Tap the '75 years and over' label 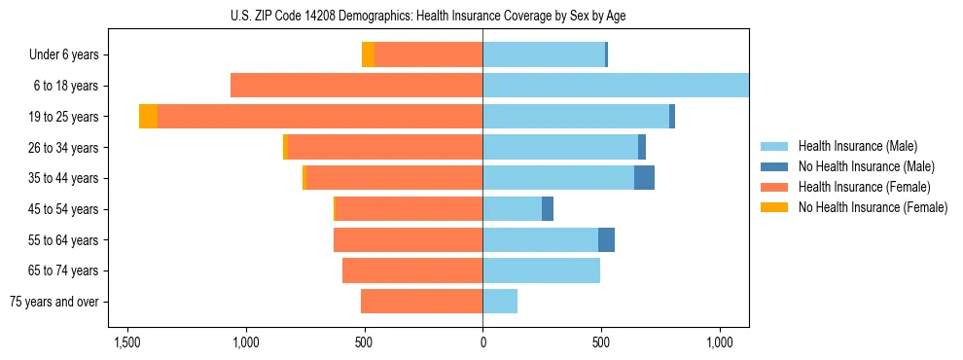(53, 302)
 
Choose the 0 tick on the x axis (482, 343)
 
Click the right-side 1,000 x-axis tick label (720, 343)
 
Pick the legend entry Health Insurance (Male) (857, 146)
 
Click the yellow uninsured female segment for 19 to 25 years (148, 117)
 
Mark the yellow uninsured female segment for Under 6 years (368, 54)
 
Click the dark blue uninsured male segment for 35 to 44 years (644, 178)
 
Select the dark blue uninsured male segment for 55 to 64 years (606, 239)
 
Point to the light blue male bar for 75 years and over (500, 302)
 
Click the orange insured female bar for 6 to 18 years (356, 86)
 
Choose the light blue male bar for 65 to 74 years (541, 270)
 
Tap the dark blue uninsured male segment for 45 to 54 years (548, 209)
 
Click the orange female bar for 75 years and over (421, 302)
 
